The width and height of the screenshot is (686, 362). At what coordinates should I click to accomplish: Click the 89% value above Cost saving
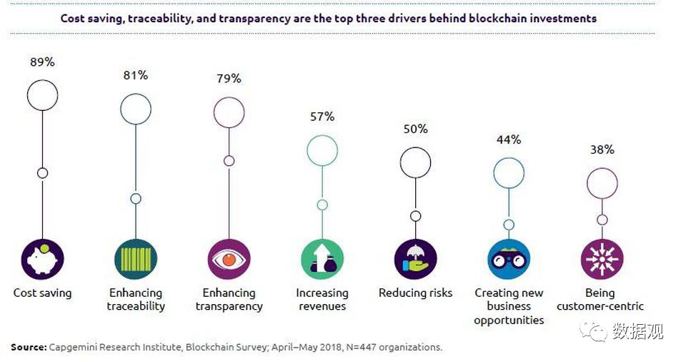pyautogui.click(x=42, y=62)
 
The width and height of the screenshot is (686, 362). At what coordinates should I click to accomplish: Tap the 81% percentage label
pyautogui.click(x=135, y=75)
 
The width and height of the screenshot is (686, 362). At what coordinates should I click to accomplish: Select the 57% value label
pyautogui.click(x=322, y=117)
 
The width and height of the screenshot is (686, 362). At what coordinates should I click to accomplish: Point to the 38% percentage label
pyautogui.click(x=602, y=150)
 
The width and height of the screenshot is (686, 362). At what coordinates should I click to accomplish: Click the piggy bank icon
pyautogui.click(x=42, y=259)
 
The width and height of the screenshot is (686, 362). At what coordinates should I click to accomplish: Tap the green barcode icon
pyautogui.click(x=135, y=259)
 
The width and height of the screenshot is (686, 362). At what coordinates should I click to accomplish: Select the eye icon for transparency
pyautogui.click(x=229, y=259)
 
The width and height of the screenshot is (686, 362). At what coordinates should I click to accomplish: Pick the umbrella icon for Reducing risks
pyautogui.click(x=415, y=259)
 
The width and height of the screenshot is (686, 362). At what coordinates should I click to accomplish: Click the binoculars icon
pyautogui.click(x=509, y=259)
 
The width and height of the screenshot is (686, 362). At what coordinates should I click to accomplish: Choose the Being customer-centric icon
pyautogui.click(x=602, y=259)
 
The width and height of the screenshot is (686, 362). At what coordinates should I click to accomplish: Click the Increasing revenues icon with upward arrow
pyautogui.click(x=322, y=259)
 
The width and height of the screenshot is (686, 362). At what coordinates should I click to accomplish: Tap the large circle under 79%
pyautogui.click(x=229, y=113)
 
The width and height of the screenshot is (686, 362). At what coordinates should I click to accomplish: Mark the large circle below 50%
pyautogui.click(x=415, y=163)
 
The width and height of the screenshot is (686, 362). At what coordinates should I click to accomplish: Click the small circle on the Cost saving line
pyautogui.click(x=42, y=172)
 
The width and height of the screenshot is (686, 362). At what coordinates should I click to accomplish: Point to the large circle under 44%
pyautogui.click(x=509, y=174)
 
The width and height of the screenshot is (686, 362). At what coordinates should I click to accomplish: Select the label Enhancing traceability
pyautogui.click(x=136, y=300)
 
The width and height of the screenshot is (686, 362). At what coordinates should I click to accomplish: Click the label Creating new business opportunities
pyautogui.click(x=509, y=306)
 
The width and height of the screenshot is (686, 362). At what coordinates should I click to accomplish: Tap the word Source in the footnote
pyautogui.click(x=29, y=347)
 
